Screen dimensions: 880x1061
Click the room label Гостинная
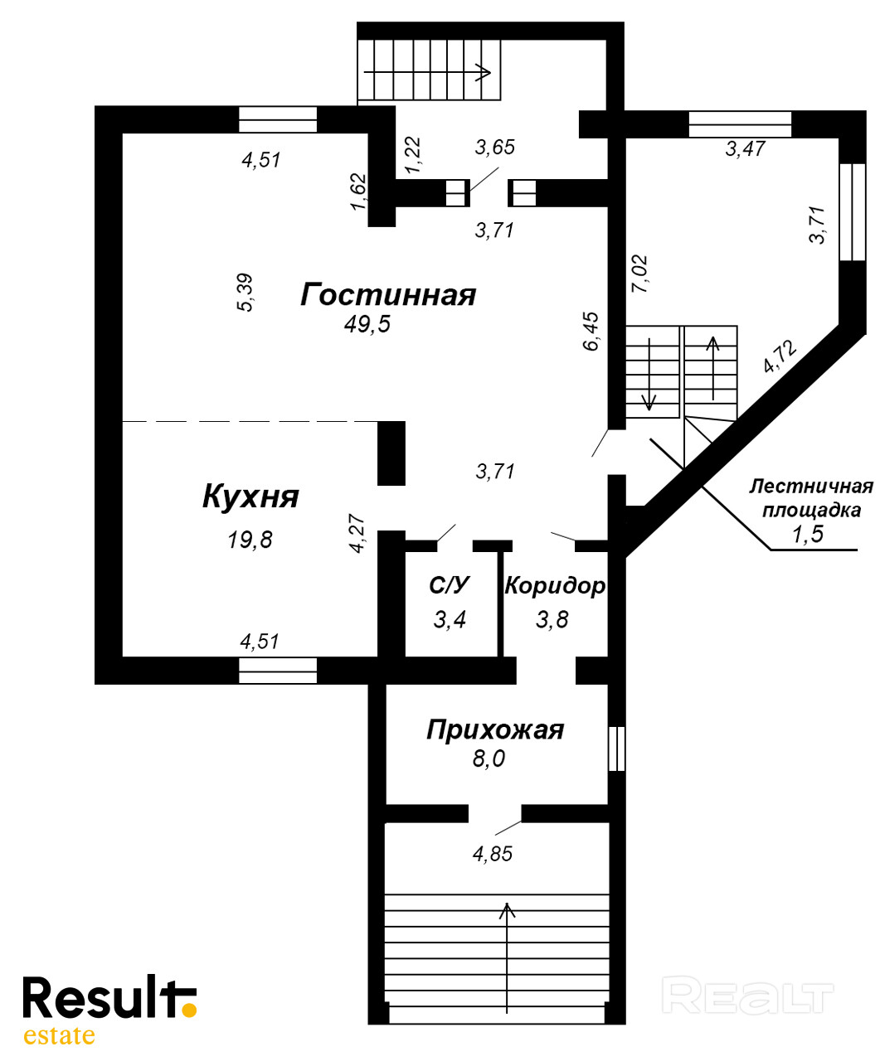coord(388,294)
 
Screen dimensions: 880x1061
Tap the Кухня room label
coord(250,497)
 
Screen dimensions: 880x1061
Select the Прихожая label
coord(494,729)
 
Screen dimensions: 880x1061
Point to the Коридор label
coord(555,586)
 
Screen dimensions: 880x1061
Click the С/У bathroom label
coord(450,586)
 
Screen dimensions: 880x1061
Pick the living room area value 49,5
coord(367,324)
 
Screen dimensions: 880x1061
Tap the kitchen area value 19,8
coord(250,540)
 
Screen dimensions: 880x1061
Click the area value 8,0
coord(489,758)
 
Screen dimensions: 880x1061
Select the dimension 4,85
coord(493,854)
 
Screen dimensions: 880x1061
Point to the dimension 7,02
coord(639,274)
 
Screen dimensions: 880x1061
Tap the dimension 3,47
coord(745,149)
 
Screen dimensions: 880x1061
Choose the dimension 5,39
coord(246,293)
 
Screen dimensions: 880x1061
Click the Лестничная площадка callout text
coord(811,497)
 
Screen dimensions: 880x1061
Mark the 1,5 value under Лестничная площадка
coord(807,535)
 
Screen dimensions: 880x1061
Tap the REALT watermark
coord(748,997)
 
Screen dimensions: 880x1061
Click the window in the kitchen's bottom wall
coord(278,670)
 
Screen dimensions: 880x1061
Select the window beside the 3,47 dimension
coord(740,124)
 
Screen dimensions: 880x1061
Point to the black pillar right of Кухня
coord(391,453)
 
